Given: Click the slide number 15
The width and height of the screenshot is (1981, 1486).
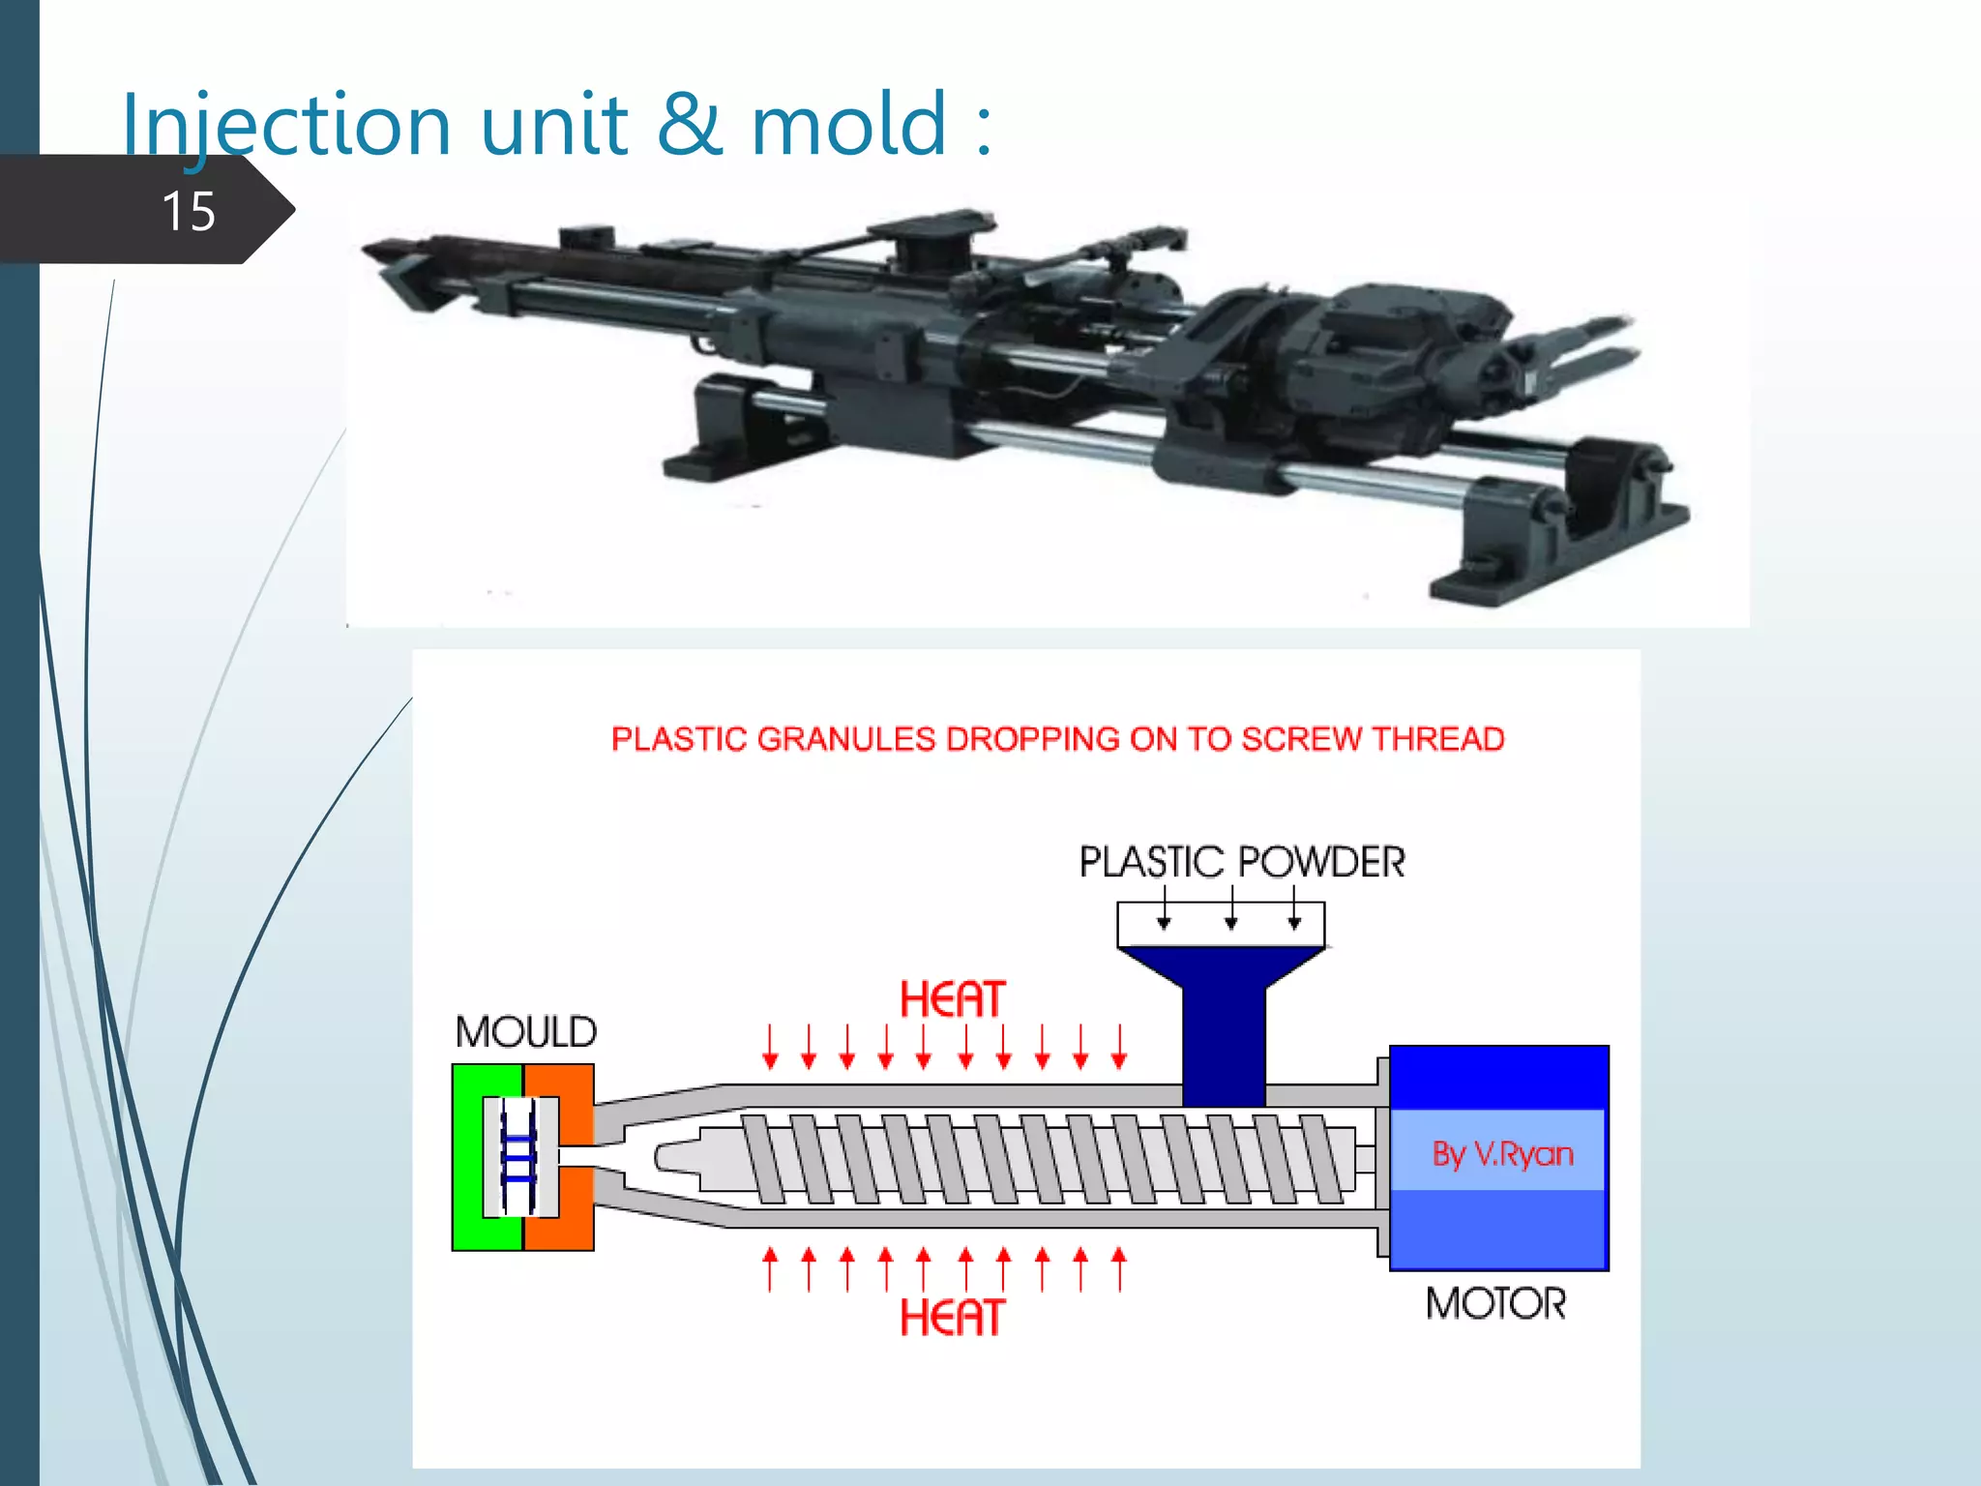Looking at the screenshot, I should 189,211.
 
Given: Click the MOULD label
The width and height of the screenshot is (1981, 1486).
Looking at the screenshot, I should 526,1032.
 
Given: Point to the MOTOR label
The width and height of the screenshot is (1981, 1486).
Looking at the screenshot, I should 1495,1303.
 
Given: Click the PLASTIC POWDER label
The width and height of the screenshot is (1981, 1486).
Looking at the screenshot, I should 1242,862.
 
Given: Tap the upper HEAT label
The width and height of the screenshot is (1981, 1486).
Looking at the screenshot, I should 952,999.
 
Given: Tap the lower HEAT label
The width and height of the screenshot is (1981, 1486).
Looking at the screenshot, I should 952,1318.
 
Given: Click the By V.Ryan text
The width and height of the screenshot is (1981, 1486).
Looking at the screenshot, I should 1502,1153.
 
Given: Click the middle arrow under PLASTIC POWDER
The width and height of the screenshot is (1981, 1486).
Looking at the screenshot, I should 1230,909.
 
